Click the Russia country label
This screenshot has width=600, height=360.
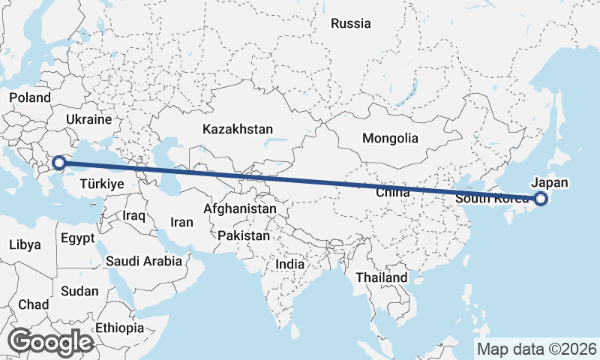(350, 23)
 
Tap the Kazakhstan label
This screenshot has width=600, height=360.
(237, 129)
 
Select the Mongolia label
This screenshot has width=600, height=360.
(390, 138)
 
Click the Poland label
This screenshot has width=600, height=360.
(29, 97)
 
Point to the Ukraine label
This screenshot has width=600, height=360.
(88, 120)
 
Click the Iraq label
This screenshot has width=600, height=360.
(133, 215)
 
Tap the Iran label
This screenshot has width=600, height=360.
(181, 222)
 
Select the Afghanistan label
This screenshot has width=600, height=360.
(240, 208)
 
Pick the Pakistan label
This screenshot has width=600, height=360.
(244, 235)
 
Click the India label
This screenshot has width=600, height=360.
(289, 264)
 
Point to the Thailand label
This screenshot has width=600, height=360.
(381, 277)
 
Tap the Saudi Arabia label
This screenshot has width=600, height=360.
(144, 261)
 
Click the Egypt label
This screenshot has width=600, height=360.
(77, 239)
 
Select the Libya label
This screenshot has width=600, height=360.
(25, 244)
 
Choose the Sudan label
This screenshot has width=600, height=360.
(79, 291)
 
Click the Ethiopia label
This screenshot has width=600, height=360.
(119, 328)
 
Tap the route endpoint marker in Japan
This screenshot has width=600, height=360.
(541, 199)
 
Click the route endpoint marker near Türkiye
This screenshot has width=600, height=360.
(58, 161)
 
